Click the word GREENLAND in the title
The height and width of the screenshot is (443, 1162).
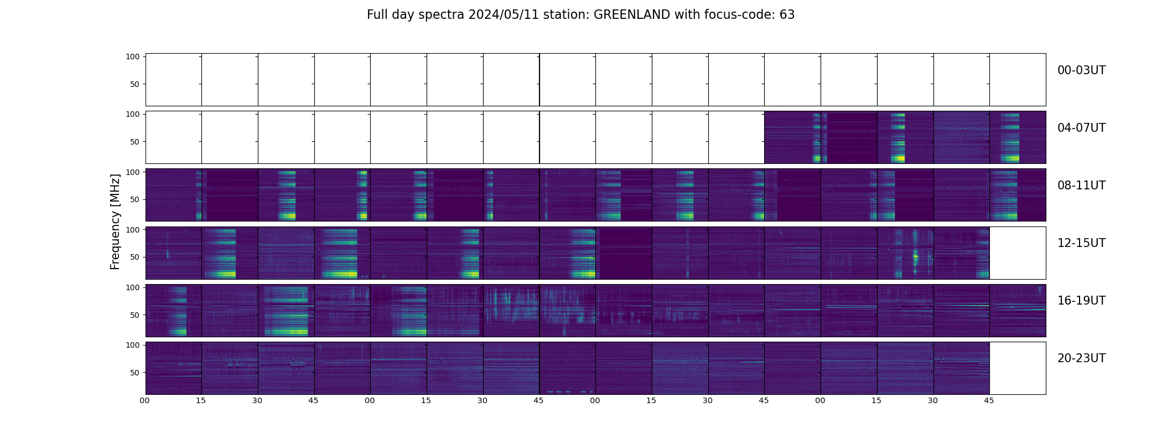click(631, 15)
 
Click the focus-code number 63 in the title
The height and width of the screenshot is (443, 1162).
click(787, 15)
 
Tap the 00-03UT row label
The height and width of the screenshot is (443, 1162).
click(1081, 70)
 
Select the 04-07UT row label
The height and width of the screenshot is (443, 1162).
click(1081, 128)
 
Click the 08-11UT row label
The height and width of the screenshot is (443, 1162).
click(1081, 186)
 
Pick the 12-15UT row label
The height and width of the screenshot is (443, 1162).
click(1081, 243)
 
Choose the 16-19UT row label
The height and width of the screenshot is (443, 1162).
click(1081, 301)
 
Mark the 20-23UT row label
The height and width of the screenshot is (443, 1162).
click(1081, 358)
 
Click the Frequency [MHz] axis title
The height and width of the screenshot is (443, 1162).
click(115, 221)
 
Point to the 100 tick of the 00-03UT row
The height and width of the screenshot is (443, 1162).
click(133, 56)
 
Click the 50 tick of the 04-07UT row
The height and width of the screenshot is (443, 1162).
click(135, 142)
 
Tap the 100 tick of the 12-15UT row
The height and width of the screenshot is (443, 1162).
click(133, 229)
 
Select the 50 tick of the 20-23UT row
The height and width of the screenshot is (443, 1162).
click(135, 373)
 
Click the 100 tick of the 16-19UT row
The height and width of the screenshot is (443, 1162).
click(133, 287)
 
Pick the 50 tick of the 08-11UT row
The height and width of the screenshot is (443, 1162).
click(135, 199)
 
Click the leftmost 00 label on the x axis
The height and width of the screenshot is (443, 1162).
click(145, 400)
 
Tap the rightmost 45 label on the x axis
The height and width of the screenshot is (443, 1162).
click(989, 400)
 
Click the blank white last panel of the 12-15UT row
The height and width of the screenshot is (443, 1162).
click(1018, 253)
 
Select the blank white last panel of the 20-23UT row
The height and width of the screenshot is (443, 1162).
click(1018, 368)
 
